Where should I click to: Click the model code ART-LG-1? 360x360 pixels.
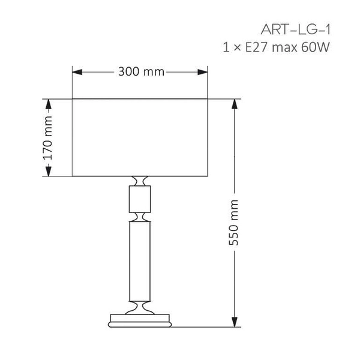[x=296, y=29]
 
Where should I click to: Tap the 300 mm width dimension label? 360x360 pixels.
[x=141, y=72]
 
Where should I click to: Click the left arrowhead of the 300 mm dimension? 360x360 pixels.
[x=76, y=72]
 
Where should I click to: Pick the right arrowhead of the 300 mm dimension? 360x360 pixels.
[x=204, y=72]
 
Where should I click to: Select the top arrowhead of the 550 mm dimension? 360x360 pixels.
[x=235, y=103]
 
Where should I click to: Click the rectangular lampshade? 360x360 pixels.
[x=140, y=137]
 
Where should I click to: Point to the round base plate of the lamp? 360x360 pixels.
[x=140, y=320]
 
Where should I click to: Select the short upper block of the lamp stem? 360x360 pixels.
[x=140, y=199]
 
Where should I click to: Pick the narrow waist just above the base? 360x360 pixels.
[x=140, y=306]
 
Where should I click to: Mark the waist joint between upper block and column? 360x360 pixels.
[x=140, y=216]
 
